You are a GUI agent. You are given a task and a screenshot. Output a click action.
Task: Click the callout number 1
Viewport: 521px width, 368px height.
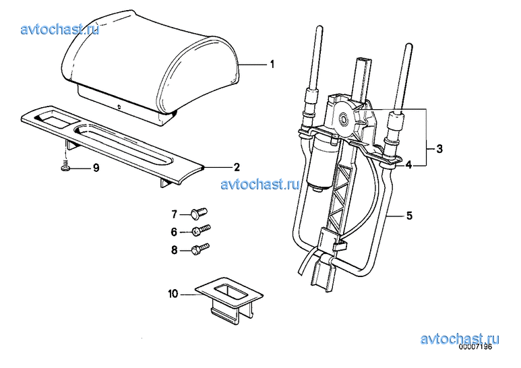pos(272,64)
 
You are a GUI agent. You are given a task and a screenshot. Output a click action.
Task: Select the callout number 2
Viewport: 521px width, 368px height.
pos(237,167)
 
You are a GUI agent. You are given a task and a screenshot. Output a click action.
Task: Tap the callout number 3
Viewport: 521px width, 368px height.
pos(439,149)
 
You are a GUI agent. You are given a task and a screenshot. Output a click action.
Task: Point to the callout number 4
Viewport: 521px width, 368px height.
pos(408,164)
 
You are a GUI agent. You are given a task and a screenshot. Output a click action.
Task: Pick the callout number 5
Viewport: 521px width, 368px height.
pos(409,216)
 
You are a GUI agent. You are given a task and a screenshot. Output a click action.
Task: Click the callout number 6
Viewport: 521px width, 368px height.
pos(174,232)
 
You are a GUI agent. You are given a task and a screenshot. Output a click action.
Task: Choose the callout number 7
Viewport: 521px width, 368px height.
pos(174,214)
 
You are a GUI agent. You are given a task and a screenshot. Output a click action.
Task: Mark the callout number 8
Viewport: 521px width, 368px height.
pos(174,250)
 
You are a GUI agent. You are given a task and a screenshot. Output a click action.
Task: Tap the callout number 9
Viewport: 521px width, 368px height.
pos(96,168)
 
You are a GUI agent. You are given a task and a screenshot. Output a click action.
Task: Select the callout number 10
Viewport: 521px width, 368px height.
pos(173,294)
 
